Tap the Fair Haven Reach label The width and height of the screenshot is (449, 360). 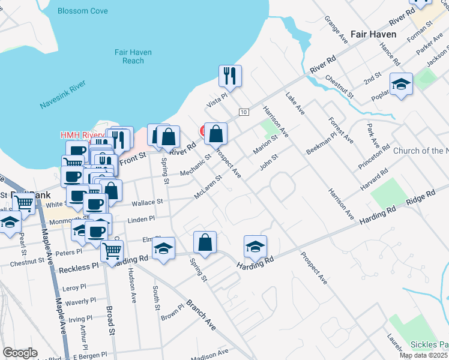[x=133, y=56]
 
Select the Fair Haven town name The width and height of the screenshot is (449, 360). [x=372, y=35]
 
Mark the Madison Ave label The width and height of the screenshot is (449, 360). [x=210, y=355]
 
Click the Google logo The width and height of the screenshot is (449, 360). [x=20, y=353]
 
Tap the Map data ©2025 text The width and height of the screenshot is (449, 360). [x=423, y=355]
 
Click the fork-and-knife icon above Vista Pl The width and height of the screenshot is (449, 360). [x=230, y=76]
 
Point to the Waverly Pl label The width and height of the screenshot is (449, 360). [x=80, y=301]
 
